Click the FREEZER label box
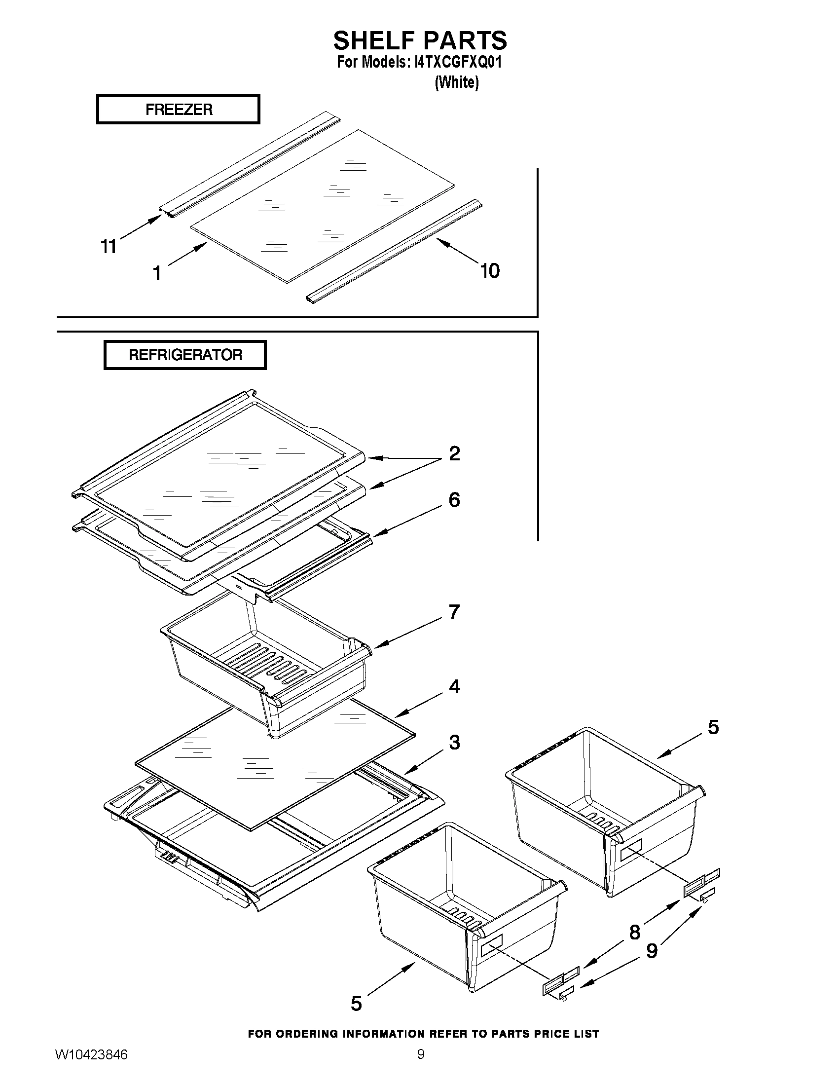coord(178,109)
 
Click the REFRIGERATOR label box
coord(185,355)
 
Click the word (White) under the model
coord(456,82)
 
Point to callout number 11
coord(109,246)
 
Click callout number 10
coord(490,271)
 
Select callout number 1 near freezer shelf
coord(157,273)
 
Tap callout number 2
coord(454,453)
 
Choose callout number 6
coord(454,500)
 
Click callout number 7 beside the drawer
coord(454,612)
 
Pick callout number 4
coord(454,686)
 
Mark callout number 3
coord(454,743)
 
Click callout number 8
coord(635,933)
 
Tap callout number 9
coord(652,951)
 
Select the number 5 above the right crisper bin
coord(713,727)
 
